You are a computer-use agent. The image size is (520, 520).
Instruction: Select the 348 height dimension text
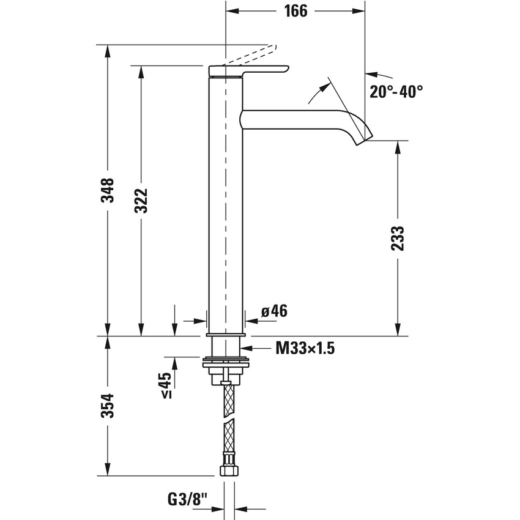point(108,190)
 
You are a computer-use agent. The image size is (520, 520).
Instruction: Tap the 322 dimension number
point(141,200)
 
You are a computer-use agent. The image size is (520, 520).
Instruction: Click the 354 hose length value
point(108,405)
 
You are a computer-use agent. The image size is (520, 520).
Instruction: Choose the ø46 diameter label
point(273,311)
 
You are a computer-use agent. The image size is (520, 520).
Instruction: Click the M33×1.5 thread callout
point(305,349)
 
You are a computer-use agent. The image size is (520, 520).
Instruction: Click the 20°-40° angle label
point(396,92)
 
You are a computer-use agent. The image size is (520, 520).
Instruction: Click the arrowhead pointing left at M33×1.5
point(252,349)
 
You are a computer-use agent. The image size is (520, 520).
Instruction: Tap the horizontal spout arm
point(294,119)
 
